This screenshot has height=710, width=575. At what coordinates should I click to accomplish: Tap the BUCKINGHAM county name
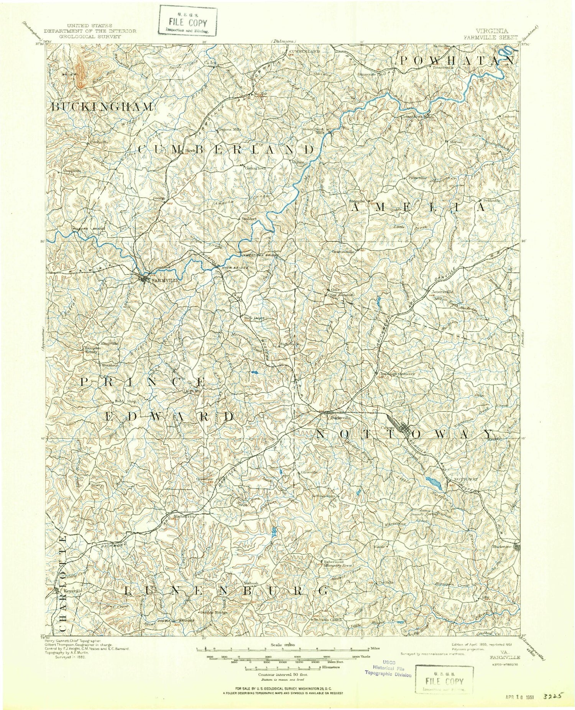point(102,107)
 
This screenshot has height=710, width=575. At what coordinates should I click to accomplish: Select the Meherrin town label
point(185,516)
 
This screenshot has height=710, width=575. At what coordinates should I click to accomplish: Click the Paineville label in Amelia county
point(417,178)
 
